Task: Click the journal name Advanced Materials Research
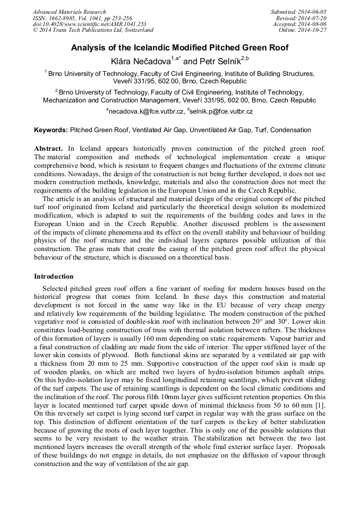click(69, 12)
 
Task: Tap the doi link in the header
click(89, 24)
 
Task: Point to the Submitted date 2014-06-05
click(299, 12)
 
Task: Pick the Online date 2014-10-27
click(303, 30)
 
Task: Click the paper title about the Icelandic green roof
click(180, 48)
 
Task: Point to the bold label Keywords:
click(51, 130)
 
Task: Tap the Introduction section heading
click(54, 277)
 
